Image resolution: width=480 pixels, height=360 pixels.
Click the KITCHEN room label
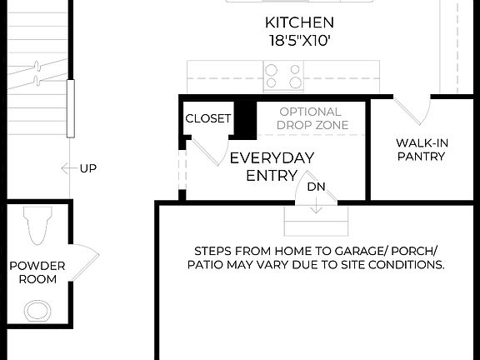click(299, 22)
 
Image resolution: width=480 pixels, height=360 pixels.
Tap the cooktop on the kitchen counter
click(283, 76)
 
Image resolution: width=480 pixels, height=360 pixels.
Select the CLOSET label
click(207, 119)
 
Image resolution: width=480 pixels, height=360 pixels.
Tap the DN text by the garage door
click(316, 187)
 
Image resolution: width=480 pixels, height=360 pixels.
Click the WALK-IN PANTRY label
click(422, 149)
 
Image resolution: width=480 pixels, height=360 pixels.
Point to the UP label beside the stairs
click(88, 168)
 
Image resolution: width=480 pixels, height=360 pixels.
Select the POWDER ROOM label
click(32, 272)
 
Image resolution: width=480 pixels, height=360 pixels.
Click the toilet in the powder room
click(38, 225)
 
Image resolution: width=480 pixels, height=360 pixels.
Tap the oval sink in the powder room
click(37, 311)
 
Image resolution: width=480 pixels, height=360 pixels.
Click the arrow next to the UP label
click(68, 168)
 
